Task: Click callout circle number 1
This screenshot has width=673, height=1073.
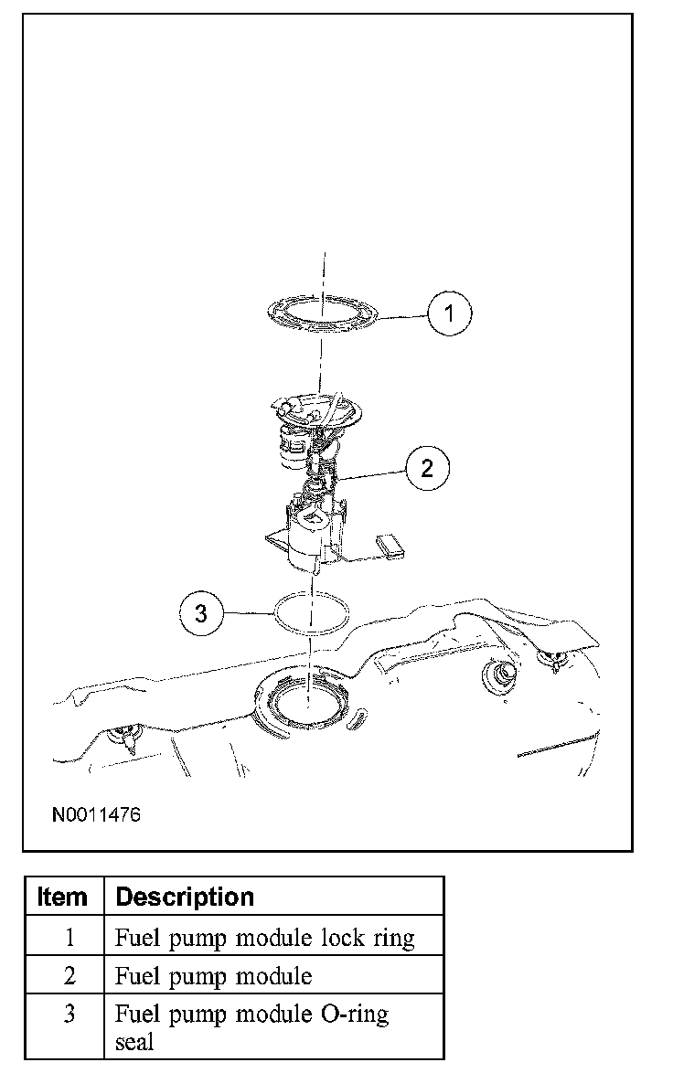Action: (449, 313)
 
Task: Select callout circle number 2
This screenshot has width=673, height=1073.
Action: (427, 468)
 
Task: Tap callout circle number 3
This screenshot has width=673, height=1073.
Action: (201, 613)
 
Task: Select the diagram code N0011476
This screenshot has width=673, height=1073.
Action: (96, 813)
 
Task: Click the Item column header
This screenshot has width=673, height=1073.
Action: (63, 897)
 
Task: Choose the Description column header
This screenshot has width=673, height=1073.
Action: (185, 897)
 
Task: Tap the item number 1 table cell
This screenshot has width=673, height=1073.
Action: (70, 938)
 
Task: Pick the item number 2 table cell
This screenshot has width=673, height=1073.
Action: (70, 976)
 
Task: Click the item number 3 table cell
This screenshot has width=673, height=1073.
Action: (70, 1015)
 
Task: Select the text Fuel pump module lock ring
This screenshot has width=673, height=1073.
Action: (265, 938)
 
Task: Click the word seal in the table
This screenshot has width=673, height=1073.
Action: (134, 1041)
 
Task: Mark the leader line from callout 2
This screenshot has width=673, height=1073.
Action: (375, 473)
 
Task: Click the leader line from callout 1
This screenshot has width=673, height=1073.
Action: (402, 316)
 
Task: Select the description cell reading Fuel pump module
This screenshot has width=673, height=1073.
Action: (213, 976)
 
